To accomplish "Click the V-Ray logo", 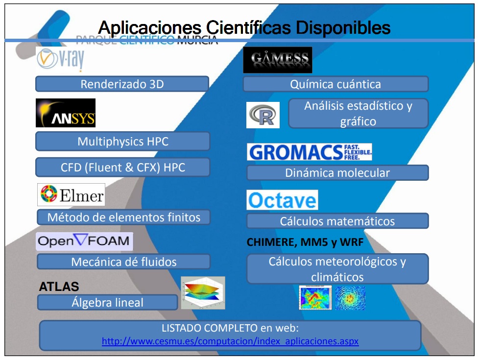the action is pyautogui.click(x=60, y=60).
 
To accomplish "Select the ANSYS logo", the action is pyautogui.click(x=66, y=113).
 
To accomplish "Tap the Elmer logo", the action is pyautogui.click(x=71, y=195).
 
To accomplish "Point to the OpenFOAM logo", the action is pyautogui.click(x=84, y=241).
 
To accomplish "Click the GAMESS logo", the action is pyautogui.click(x=277, y=60).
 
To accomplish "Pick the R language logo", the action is pyautogui.click(x=263, y=115).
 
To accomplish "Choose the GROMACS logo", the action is pyautogui.click(x=310, y=152).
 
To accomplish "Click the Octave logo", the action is pyautogui.click(x=282, y=200).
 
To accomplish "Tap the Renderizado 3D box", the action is pyautogui.click(x=122, y=84).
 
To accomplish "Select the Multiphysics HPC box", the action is pyautogui.click(x=122, y=142).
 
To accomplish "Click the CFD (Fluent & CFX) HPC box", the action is pyautogui.click(x=122, y=168).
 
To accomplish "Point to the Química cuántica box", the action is pyautogui.click(x=335, y=84).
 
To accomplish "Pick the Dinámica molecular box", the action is pyautogui.click(x=337, y=173).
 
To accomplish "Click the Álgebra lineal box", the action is pyautogui.click(x=107, y=303).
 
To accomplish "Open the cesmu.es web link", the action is pyautogui.click(x=230, y=341).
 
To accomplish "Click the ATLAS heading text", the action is pyautogui.click(x=59, y=287).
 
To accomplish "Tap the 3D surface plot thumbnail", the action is pyautogui.click(x=203, y=293).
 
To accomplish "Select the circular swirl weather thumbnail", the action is pyautogui.click(x=350, y=298).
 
